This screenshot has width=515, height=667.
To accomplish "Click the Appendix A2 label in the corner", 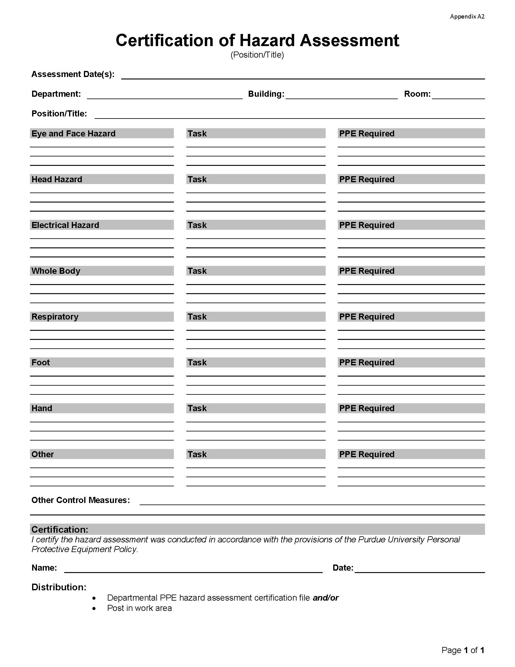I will (x=467, y=16).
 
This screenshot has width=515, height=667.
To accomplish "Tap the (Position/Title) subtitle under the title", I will (x=257, y=55).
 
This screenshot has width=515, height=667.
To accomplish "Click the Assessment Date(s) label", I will (x=73, y=74).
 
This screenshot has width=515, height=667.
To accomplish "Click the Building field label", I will (x=266, y=94).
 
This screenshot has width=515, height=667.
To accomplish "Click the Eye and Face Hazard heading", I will (x=74, y=133).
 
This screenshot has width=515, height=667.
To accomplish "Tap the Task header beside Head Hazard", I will (x=197, y=179).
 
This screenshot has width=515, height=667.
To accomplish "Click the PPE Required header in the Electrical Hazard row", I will (x=367, y=225).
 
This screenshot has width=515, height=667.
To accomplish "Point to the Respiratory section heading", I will (x=55, y=317).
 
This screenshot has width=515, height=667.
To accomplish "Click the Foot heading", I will (x=41, y=363).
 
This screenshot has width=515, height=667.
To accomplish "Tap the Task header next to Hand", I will (x=197, y=408).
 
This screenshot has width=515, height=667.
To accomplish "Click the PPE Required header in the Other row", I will (x=367, y=454).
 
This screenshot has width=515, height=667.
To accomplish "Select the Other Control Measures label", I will (x=81, y=500).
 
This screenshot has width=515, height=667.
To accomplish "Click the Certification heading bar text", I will (x=60, y=529).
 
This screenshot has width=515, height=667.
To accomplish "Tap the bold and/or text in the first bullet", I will (x=326, y=598).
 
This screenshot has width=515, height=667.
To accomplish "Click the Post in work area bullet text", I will (x=139, y=608).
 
